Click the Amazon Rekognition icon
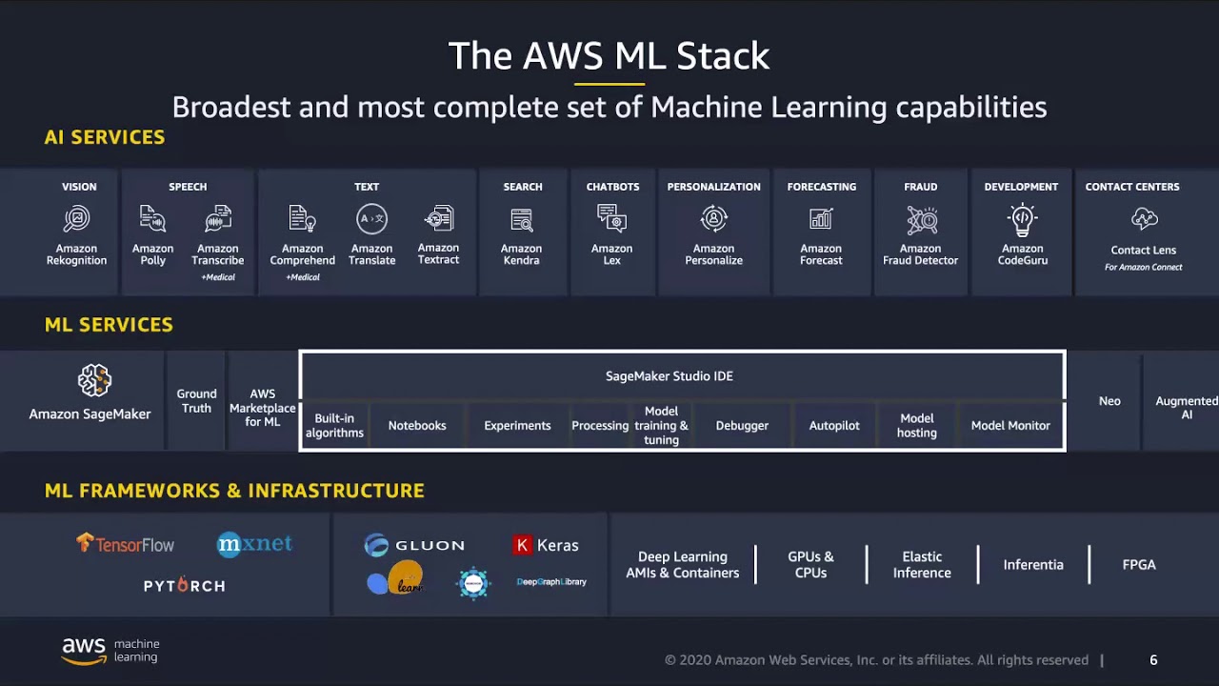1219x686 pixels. [x=76, y=219]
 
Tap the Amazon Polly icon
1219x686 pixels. [x=152, y=219]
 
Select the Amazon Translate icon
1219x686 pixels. [x=371, y=219]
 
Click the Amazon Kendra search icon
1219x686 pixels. [x=522, y=219]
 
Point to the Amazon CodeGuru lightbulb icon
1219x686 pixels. [x=1022, y=219]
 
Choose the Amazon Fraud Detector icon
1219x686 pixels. [x=921, y=219]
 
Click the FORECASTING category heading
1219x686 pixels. [x=822, y=187]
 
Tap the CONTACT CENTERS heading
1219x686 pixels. [x=1132, y=187]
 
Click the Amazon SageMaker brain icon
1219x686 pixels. [x=94, y=380]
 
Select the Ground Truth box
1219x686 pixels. [x=196, y=401]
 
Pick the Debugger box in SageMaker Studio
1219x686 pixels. [x=742, y=426]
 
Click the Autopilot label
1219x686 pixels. [x=834, y=426]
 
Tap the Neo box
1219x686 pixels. [x=1109, y=401]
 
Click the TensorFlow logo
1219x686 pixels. [x=126, y=544]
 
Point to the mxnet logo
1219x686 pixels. [x=254, y=544]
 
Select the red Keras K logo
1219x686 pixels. [x=522, y=545]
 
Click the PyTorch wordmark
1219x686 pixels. [x=185, y=586]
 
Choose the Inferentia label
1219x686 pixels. [x=1033, y=565]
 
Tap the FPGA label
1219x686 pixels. [x=1139, y=565]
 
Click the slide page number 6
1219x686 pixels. [x=1153, y=660]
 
